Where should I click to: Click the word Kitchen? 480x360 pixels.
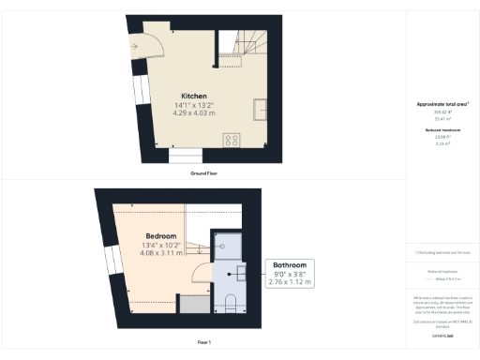(194, 96)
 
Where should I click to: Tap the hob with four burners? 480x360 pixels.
(230, 140)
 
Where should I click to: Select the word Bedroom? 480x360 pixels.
(161, 235)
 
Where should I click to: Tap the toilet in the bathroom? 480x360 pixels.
(232, 302)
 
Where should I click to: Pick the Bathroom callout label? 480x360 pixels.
(290, 267)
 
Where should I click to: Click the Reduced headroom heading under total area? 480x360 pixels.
(442, 129)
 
